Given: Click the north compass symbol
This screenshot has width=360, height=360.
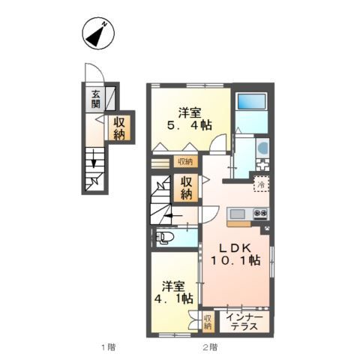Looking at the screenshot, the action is point(98,34).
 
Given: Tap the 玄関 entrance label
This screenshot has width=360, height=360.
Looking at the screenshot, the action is point(95,99).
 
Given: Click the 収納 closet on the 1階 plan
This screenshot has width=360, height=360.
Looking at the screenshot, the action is point(119,128).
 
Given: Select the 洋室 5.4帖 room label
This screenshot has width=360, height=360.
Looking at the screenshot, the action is point(190,118).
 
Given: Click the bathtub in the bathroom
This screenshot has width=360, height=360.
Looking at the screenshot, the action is point(251,101).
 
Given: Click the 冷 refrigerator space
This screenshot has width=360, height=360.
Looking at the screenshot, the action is point(261,184).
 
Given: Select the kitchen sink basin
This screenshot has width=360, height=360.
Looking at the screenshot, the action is point(237,214).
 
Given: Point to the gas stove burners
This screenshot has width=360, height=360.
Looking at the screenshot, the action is point(260,214).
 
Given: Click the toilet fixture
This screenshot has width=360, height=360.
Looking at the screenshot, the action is point(163,238).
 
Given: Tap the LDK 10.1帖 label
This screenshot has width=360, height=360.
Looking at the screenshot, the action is point(235,254).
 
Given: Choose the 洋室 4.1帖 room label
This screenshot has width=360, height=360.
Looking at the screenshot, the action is point(173,292).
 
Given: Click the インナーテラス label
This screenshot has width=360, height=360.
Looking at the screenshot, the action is point(244,322).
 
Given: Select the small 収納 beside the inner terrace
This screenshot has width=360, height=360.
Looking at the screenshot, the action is point(208,322).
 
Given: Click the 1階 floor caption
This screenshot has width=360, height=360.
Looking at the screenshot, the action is point(109,347).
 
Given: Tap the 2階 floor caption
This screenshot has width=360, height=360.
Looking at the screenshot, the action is point(210,347).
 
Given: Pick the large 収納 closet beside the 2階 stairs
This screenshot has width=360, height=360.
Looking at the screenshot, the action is point(186,188).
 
